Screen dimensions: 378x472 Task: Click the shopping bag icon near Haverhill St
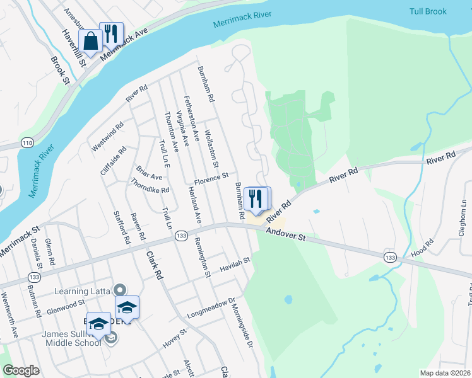tap(91, 42)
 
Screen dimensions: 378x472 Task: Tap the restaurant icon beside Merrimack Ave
tap(112, 33)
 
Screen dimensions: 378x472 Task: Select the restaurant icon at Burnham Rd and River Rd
tap(256, 198)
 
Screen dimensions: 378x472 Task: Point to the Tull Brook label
tap(427, 11)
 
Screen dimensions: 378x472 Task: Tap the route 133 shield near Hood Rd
tap(390, 256)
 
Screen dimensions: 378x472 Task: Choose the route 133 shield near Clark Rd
tap(180, 234)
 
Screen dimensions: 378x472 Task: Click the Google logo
tap(20, 370)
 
